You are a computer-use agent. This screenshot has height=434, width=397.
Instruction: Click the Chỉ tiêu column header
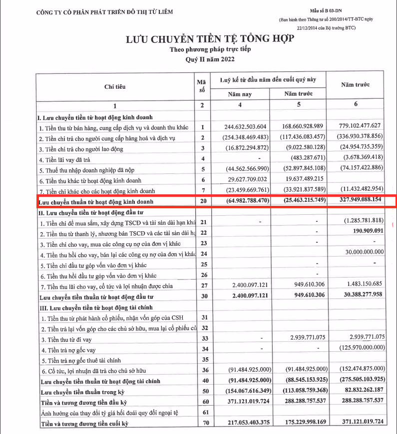[x=115, y=87]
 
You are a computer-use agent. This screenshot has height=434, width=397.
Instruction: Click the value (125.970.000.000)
[x=362, y=347]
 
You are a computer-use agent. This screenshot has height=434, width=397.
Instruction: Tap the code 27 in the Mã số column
[x=203, y=286]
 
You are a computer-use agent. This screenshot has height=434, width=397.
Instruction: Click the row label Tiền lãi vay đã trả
[x=72, y=160]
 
